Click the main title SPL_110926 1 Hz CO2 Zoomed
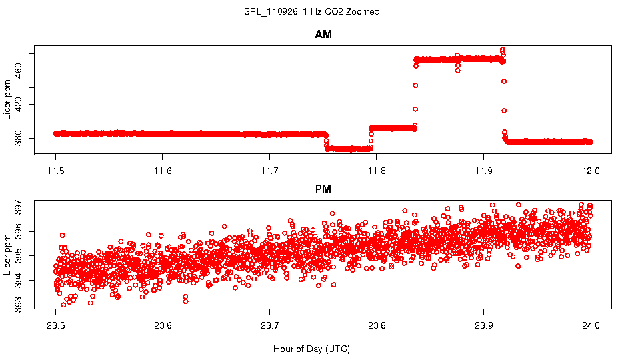[x=312, y=11]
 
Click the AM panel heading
[x=323, y=35]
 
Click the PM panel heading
[x=323, y=189]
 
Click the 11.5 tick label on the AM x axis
[x=56, y=170]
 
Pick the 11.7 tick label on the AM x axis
[x=269, y=170]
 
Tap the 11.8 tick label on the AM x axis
[x=377, y=170]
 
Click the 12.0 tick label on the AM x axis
[x=591, y=170]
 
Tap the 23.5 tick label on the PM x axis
[x=56, y=326]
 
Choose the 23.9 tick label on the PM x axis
[x=483, y=326]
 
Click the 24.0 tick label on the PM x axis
[x=591, y=326]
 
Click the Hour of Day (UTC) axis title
[x=311, y=349]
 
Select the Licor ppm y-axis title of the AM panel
[x=7, y=100]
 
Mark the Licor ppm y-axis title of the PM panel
[x=7, y=256]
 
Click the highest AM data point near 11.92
[x=503, y=50]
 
